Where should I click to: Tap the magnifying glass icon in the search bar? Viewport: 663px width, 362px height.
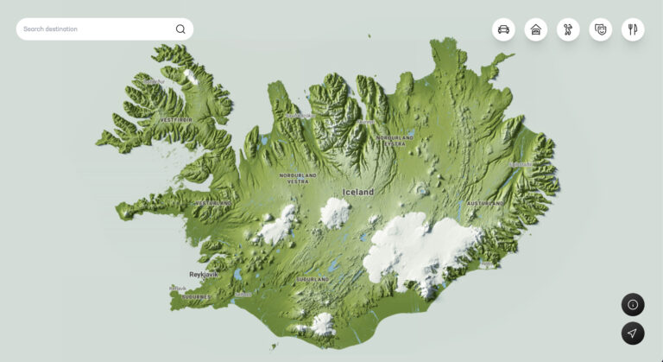180,29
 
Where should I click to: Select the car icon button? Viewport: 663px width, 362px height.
503,29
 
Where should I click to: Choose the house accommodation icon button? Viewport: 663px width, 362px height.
536,29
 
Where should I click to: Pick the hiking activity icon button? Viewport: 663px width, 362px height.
568,29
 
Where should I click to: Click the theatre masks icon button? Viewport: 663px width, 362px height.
601,29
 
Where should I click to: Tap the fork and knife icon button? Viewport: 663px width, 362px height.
633,29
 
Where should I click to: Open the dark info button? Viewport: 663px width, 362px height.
633,304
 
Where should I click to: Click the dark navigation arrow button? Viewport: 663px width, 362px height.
633,333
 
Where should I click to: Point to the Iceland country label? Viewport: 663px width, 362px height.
358,192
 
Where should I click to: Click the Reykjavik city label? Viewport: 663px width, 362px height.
204,274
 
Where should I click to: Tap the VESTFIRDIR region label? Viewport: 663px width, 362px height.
176,119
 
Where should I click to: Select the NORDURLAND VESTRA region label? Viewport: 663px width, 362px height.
298,178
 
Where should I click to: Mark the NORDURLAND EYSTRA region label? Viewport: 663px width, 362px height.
395,140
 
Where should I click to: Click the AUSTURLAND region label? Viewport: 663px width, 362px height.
485,203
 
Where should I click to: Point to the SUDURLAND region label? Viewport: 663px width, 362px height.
313,280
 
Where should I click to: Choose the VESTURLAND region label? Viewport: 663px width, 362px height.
213,203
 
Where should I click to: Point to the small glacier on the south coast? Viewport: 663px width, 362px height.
322,323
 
